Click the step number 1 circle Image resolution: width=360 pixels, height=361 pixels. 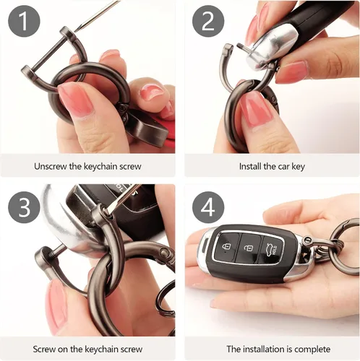(x=24, y=21)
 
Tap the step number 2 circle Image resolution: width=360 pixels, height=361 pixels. (x=208, y=21)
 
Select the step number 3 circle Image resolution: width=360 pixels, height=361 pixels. (x=24, y=207)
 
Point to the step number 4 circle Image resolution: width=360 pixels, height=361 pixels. (x=208, y=207)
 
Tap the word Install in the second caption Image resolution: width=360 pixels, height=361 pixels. (x=249, y=166)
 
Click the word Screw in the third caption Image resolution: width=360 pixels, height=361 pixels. (x=43, y=349)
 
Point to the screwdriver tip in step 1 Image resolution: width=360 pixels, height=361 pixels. (x=74, y=32)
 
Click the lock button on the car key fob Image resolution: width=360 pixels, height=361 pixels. (x=227, y=246)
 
